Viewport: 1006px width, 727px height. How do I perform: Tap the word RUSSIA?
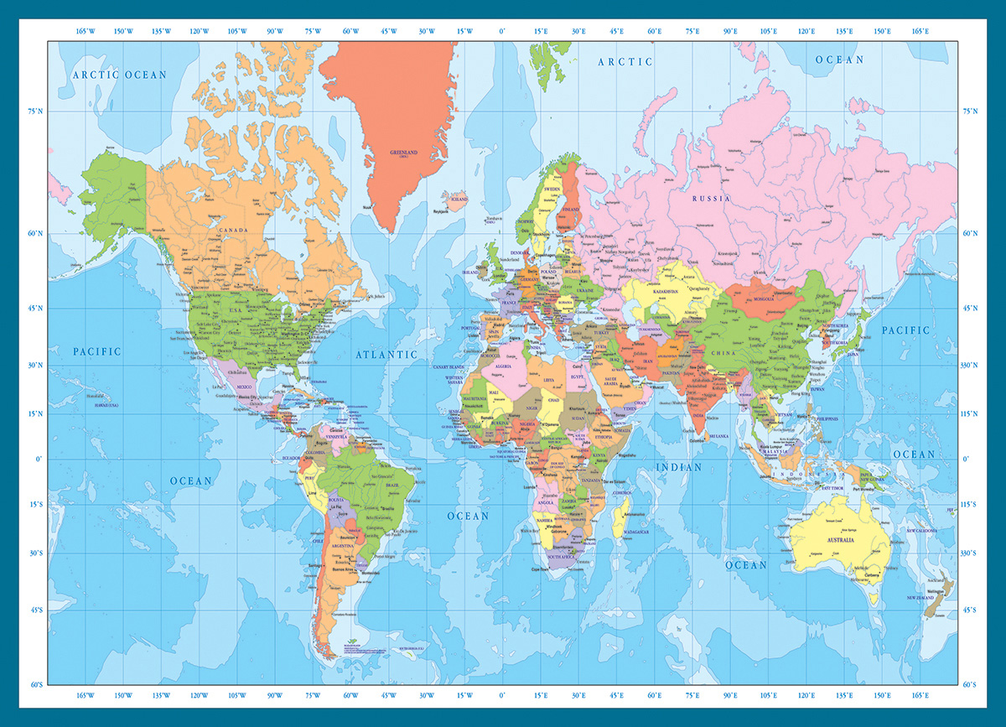[711, 199]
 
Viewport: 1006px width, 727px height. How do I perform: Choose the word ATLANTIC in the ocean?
[386, 355]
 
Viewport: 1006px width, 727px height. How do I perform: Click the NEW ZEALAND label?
[920, 597]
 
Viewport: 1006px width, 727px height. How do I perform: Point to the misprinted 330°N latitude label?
[971, 366]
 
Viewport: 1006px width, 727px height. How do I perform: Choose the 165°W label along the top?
[86, 32]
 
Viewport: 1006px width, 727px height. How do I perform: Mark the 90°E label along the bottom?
[730, 696]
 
